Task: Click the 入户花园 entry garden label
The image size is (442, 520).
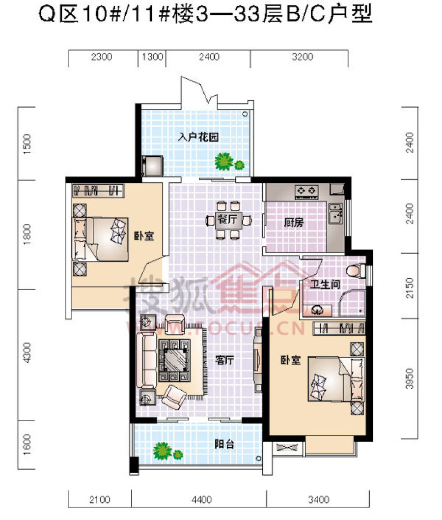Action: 198,136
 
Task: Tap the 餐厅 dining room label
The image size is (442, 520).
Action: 227,219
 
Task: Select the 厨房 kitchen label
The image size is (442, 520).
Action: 294,223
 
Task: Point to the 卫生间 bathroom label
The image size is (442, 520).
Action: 325,284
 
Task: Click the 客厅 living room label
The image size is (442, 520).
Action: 224,360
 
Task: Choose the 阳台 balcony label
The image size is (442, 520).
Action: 224,444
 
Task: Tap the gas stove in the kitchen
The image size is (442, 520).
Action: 306,191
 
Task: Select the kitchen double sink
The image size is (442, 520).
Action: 335,214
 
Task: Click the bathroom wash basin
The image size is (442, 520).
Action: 317,311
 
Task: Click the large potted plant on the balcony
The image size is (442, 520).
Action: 163,450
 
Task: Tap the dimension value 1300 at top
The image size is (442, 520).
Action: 152,57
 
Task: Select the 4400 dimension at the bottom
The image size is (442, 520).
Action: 201,499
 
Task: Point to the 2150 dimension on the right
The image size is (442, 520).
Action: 410,288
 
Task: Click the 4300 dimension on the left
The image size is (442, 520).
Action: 27,352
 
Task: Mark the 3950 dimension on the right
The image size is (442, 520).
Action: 410,378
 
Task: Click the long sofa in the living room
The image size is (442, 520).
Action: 146,360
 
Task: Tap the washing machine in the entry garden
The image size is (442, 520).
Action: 152,166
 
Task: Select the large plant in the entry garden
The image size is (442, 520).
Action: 224,162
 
